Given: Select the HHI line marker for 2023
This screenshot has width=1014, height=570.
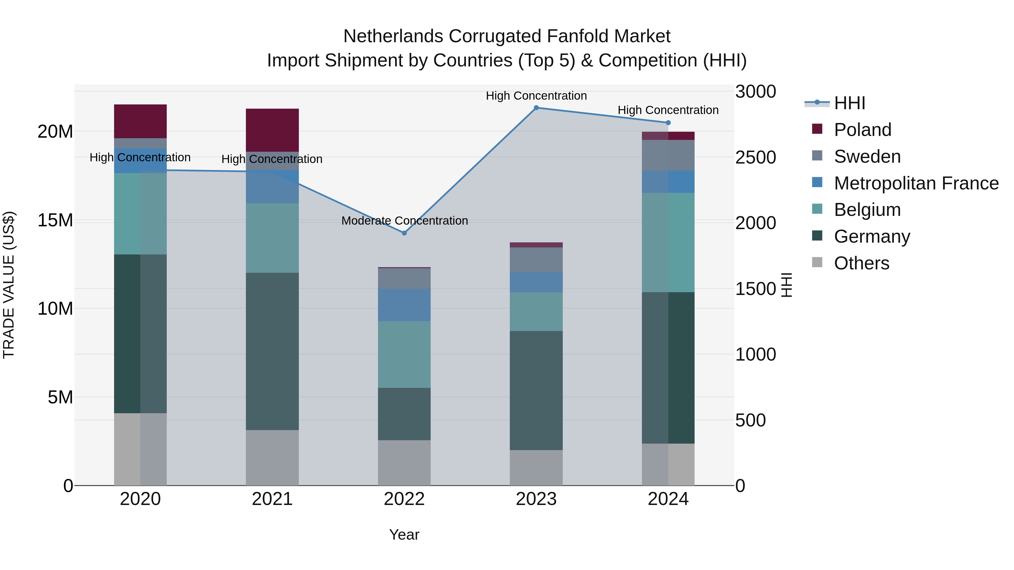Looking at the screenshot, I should coord(536,108).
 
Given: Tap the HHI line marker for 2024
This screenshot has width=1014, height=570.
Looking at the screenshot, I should coord(668,123).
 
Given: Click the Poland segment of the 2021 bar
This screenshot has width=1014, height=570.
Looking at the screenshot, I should coord(272,130).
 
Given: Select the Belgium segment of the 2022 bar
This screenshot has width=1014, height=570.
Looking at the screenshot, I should coord(404,354).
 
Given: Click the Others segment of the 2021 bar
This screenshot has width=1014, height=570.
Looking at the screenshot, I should coord(272,457).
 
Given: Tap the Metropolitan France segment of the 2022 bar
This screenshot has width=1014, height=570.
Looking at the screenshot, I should coord(404,305).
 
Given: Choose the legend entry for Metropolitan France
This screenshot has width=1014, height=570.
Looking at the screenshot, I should coord(916,183).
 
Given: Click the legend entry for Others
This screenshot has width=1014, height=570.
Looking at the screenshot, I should coord(861,263).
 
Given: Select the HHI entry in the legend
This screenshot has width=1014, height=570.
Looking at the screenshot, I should coord(850,103).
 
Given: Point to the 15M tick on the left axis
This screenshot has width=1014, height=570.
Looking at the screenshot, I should coord(55,220).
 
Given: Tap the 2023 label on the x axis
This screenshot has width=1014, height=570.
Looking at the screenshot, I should coord(536,499).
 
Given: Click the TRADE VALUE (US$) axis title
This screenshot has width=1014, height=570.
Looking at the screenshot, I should coord(9,285).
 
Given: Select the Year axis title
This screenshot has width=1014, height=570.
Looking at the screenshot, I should coord(404,535).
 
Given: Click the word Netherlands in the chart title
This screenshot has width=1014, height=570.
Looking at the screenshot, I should coord(394,36).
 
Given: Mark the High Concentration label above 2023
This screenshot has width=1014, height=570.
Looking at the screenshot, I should coord(536,96).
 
